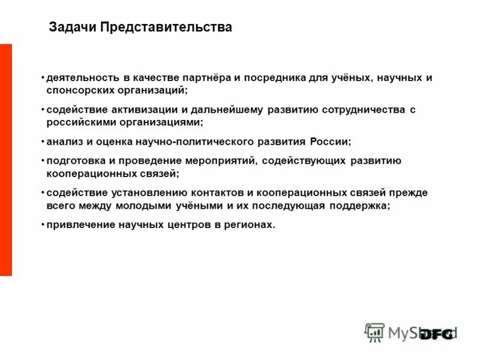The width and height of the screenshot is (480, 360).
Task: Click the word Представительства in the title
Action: (166, 28)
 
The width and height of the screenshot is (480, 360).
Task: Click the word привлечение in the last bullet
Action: (77, 225)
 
